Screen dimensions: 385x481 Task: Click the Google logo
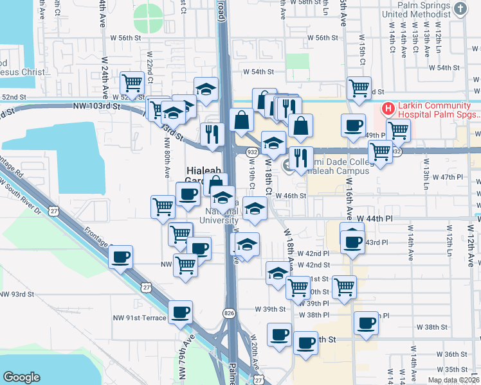[x=21, y=377]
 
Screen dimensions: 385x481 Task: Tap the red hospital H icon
[x=388, y=109]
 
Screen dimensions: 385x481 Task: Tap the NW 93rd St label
[x=17, y=294]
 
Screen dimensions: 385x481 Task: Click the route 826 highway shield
[x=229, y=313]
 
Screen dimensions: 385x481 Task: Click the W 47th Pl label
[x=448, y=176]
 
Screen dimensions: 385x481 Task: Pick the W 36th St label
[x=455, y=354]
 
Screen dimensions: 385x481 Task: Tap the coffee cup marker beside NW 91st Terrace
[x=180, y=313]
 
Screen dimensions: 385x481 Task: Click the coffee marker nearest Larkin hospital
[x=352, y=126]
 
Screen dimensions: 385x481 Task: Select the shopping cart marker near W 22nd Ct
[x=131, y=83]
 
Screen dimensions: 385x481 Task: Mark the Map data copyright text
[x=453, y=380]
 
